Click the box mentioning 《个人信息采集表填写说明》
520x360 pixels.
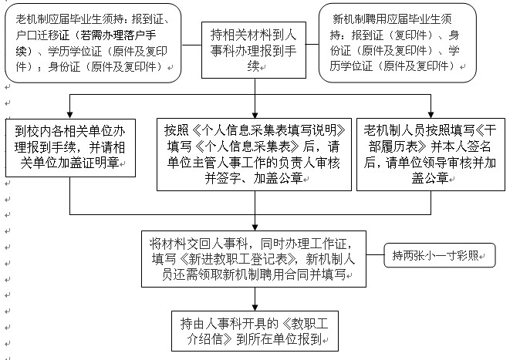(255, 154)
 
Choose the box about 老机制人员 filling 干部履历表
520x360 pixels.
(431, 154)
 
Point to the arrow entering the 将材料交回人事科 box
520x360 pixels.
(255, 226)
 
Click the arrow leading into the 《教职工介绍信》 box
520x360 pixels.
(255, 307)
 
